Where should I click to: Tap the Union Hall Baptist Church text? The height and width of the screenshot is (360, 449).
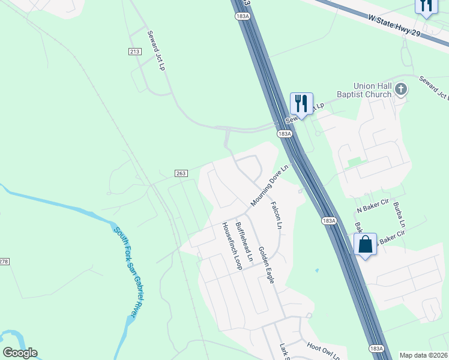[372, 90]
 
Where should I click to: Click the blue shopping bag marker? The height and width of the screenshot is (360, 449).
[365, 245]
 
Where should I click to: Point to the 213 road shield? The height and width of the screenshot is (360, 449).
[134, 52]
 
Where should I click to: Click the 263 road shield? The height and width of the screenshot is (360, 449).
[181, 173]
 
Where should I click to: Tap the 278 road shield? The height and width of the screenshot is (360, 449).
[4, 261]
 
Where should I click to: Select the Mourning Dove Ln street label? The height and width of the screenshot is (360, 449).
[270, 187]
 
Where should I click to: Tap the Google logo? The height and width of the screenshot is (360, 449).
[20, 353]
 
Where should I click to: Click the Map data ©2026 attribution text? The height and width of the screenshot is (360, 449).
[423, 355]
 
